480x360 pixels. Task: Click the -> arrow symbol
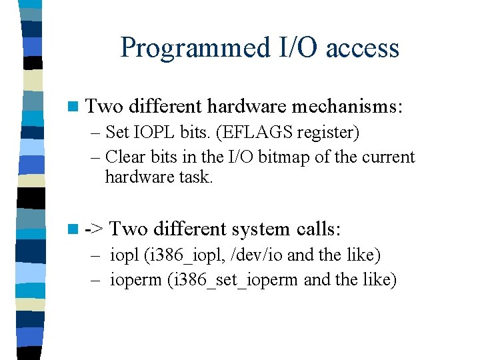[95, 229]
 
